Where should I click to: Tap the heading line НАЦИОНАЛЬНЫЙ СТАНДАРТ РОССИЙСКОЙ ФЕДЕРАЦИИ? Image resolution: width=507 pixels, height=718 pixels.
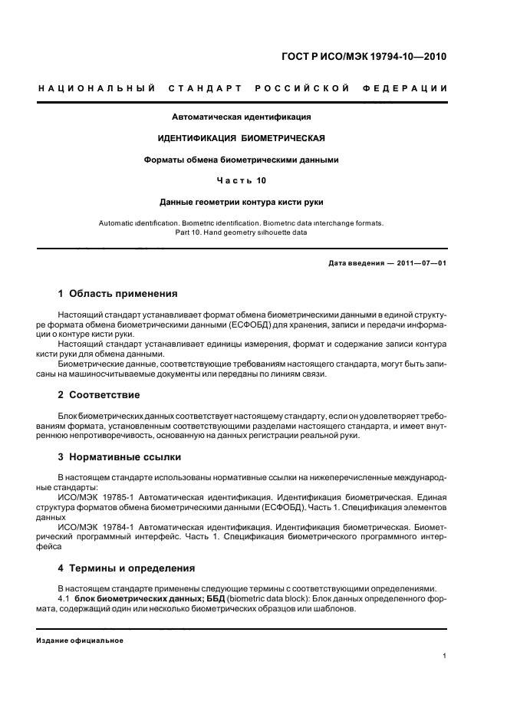242,89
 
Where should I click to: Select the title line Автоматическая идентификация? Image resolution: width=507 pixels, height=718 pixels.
242,117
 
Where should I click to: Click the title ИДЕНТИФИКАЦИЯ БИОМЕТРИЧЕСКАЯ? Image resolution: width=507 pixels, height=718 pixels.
242,139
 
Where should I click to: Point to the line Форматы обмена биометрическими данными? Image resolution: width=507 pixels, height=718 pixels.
242,160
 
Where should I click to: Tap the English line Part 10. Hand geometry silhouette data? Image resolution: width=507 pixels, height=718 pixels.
242,232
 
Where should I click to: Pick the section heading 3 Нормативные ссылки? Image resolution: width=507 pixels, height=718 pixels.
120,457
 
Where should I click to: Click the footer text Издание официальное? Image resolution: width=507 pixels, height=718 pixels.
80,641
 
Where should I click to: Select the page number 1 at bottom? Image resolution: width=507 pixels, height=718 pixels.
445,656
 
